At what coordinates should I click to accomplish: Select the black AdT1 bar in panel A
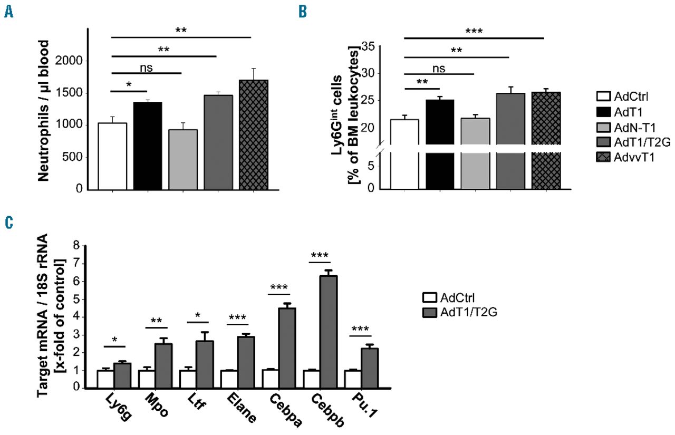[147, 145]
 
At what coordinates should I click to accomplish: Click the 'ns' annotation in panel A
[147, 68]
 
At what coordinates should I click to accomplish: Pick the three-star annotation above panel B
[474, 31]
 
